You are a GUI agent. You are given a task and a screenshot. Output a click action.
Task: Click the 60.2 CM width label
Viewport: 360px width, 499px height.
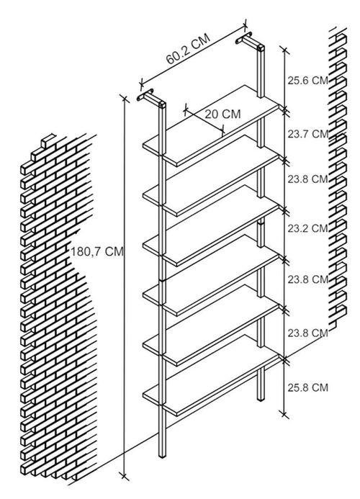coord(188,49)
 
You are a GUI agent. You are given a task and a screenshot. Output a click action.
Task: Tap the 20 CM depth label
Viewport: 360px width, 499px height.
coord(222,114)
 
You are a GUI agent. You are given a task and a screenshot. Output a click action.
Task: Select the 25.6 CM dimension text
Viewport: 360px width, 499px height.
coord(307,81)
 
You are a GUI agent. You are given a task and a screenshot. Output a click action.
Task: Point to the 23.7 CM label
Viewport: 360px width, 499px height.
coord(307,134)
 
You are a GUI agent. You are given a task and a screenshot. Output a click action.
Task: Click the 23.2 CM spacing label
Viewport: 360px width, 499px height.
coord(307,228)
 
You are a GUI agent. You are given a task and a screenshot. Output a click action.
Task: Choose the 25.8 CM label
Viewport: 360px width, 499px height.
coord(307,387)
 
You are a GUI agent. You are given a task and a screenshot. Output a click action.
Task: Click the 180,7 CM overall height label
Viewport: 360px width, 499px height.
coord(96,252)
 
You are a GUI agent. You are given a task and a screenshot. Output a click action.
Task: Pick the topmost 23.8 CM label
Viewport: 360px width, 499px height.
coord(307,179)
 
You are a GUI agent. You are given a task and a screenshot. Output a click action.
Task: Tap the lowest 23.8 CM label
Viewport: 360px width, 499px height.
coord(307,333)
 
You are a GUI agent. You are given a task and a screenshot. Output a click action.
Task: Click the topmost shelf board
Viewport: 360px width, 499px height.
coord(211,126)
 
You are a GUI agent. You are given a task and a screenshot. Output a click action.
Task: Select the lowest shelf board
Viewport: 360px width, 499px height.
coord(211,376)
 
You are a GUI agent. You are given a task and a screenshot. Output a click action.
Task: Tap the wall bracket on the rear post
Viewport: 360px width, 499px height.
coord(250,41)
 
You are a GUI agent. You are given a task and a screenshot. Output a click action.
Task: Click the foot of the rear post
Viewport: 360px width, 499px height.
coord(261,397)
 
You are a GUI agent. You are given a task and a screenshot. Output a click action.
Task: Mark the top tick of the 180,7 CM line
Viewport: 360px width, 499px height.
coord(124,99)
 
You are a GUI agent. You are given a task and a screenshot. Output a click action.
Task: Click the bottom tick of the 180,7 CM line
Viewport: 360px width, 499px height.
coord(124,476)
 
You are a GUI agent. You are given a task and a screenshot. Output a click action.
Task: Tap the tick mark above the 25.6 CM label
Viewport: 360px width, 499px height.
coord(284,50)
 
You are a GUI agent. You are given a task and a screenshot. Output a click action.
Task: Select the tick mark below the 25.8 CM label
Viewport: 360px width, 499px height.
coord(284,414)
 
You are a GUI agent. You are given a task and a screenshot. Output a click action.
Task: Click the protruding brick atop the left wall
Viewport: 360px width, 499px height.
coord(48,140)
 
